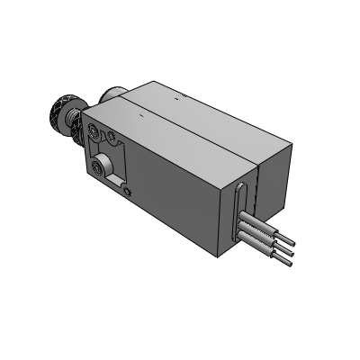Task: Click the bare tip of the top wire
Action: click(288, 245)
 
